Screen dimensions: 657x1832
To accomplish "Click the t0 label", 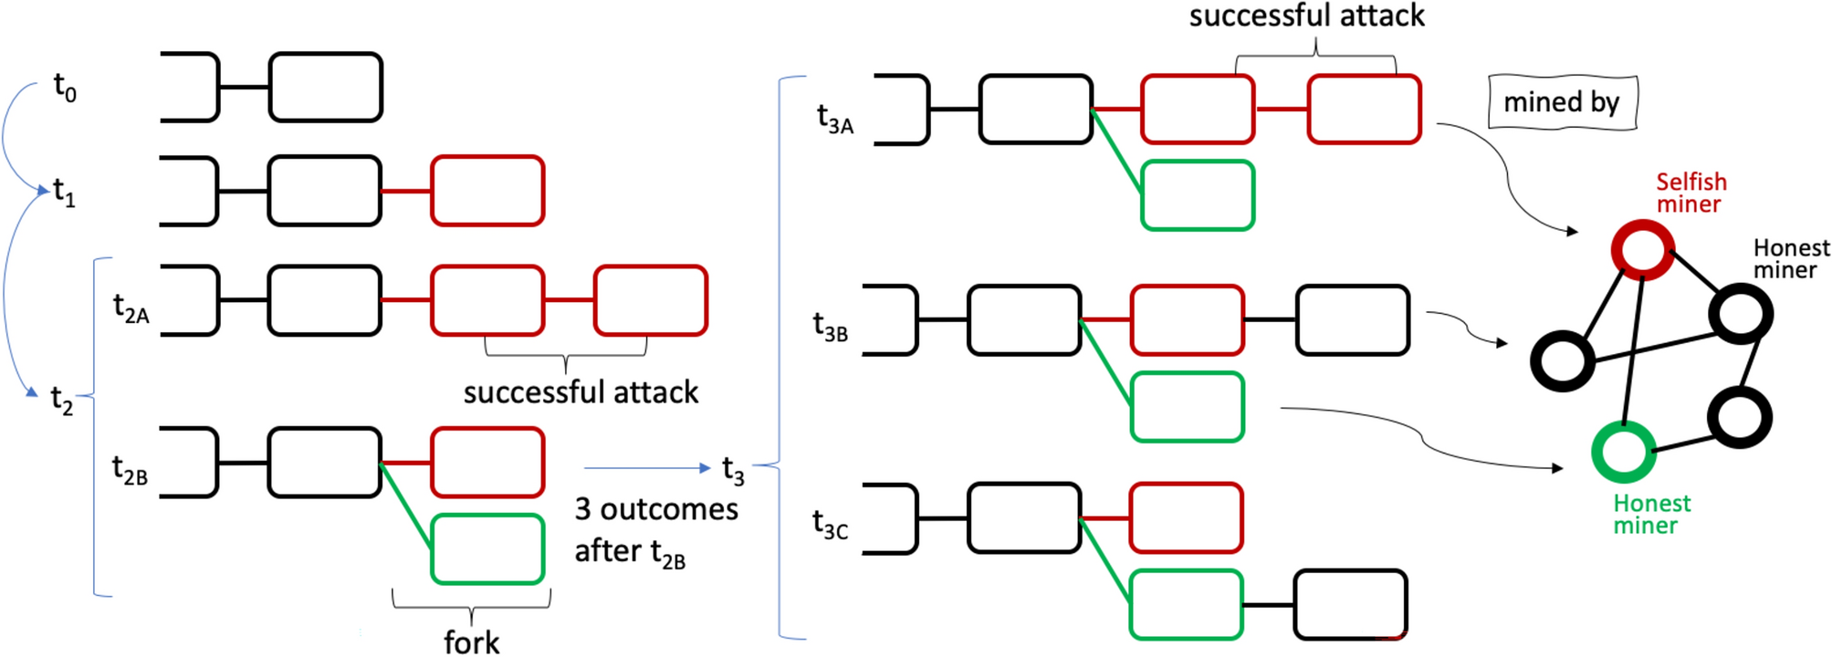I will (65, 88).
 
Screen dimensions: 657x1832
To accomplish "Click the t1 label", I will (64, 193).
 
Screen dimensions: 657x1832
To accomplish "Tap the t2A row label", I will (131, 308).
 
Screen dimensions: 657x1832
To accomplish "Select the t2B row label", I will (130, 470).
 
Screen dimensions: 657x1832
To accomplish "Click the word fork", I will (471, 641).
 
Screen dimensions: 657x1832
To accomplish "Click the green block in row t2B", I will (487, 549).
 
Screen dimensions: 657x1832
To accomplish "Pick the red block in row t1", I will (487, 191).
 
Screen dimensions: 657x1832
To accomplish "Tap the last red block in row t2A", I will (650, 300).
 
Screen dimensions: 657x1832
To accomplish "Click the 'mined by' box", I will (1562, 102).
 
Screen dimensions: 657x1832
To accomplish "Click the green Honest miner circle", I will (1623, 452).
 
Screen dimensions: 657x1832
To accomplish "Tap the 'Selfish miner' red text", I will (1691, 193).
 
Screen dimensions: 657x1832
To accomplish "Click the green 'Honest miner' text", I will (1650, 514).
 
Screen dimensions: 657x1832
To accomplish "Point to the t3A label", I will (834, 119).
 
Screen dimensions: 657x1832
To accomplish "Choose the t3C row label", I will (830, 525).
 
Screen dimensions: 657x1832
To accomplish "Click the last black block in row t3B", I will (1352, 319).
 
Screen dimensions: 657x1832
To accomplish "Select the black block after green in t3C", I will (1349, 604).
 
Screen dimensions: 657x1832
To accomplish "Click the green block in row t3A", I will (1198, 195).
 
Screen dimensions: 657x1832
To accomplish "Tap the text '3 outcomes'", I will (655, 509).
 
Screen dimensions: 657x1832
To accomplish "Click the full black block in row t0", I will (325, 88).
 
